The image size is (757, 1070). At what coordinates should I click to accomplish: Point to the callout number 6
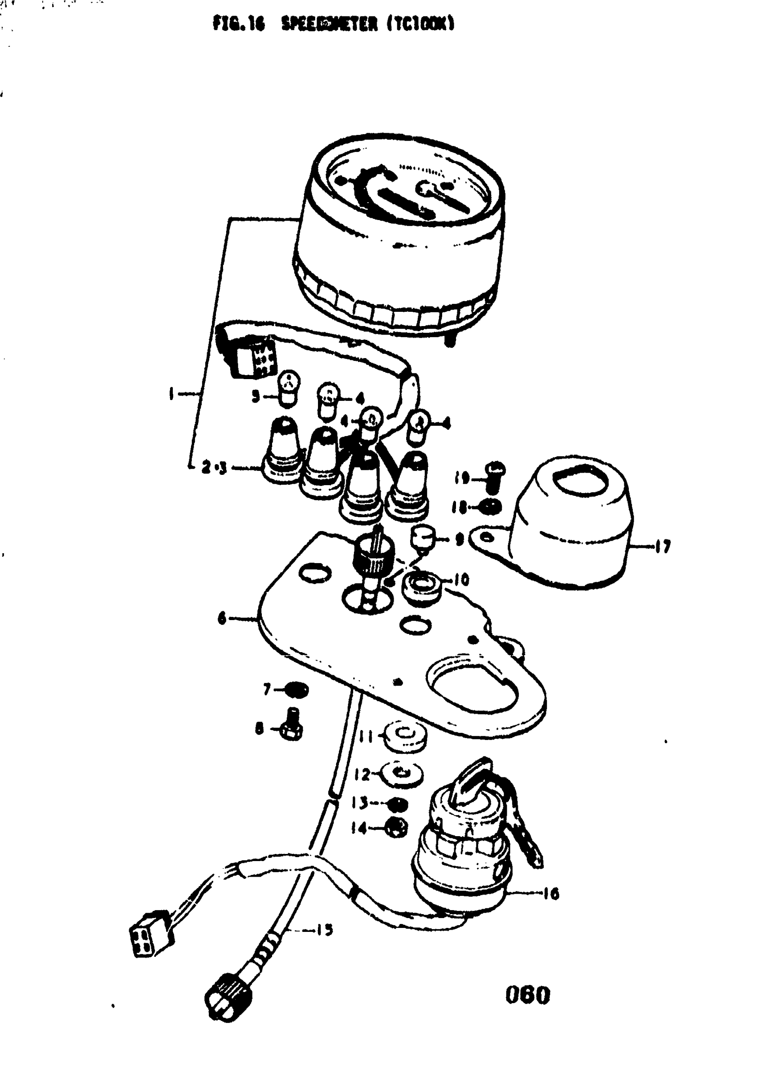tap(222, 619)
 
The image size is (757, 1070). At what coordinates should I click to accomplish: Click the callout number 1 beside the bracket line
tap(171, 394)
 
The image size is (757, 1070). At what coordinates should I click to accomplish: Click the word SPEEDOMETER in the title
tap(329, 24)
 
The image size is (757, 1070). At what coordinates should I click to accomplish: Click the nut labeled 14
tap(397, 829)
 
